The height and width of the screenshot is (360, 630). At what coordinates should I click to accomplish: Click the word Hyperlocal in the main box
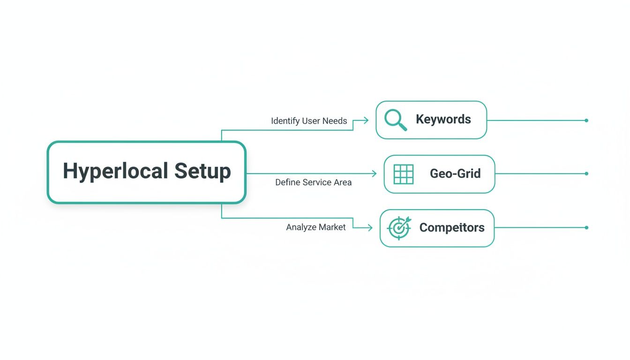pyautogui.click(x=116, y=171)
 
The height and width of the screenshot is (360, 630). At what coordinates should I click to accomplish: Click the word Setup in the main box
pyautogui.click(x=203, y=171)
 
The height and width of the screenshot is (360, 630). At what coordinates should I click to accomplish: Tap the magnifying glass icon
pyautogui.click(x=395, y=120)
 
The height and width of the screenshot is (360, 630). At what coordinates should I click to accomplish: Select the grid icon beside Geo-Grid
pyautogui.click(x=403, y=174)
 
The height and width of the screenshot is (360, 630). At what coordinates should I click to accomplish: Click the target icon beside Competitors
pyautogui.click(x=399, y=228)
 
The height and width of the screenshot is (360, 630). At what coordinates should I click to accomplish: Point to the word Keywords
pyautogui.click(x=443, y=120)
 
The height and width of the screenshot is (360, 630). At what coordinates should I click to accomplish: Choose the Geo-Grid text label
pyautogui.click(x=455, y=174)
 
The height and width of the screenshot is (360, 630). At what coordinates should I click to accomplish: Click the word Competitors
pyautogui.click(x=451, y=228)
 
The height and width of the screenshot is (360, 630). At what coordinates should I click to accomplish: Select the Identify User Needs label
pyautogui.click(x=309, y=121)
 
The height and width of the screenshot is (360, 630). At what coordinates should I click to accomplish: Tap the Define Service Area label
pyautogui.click(x=313, y=182)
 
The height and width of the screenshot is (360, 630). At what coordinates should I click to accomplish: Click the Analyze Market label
pyautogui.click(x=316, y=227)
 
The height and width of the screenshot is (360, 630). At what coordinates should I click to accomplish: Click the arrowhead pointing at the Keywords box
pyautogui.click(x=366, y=120)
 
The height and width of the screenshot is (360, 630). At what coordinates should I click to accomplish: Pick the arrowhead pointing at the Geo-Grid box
pyautogui.click(x=374, y=174)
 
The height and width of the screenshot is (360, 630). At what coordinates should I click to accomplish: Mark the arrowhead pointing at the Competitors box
pyautogui.click(x=370, y=228)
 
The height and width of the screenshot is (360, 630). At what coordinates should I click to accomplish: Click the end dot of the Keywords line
pyautogui.click(x=586, y=120)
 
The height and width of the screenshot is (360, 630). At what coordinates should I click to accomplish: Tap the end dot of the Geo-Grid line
pyautogui.click(x=586, y=173)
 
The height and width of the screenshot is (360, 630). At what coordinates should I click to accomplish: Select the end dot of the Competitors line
pyautogui.click(x=586, y=228)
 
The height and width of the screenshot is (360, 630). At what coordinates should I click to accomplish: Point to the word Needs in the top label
pyautogui.click(x=335, y=121)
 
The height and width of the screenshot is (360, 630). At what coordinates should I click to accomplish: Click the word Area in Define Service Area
pyautogui.click(x=342, y=182)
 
